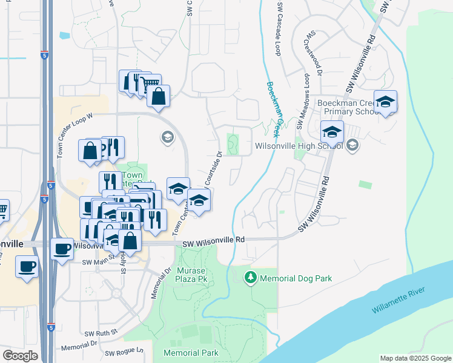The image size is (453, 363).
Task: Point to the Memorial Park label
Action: click(190, 352)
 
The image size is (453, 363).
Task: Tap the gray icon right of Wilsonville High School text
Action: click(353, 145)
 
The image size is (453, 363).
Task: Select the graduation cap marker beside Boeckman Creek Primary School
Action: click(385, 102)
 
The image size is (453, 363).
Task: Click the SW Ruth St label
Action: click(101, 333)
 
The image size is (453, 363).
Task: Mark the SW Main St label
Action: click(97, 262)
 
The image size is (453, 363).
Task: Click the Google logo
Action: click(20, 356)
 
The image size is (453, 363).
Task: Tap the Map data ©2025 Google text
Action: click(415, 358)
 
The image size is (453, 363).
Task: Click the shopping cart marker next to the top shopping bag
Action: click(149, 83)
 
